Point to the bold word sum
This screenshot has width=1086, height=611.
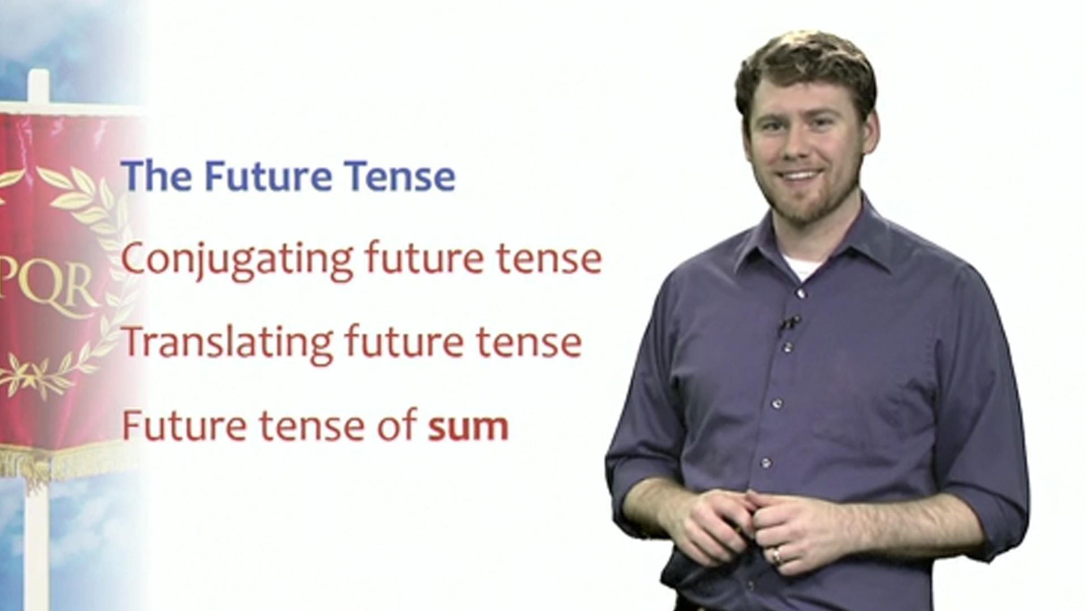click(x=468, y=427)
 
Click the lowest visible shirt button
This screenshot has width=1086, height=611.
click(x=765, y=463)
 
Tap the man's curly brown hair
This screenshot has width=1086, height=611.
click(x=803, y=62)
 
